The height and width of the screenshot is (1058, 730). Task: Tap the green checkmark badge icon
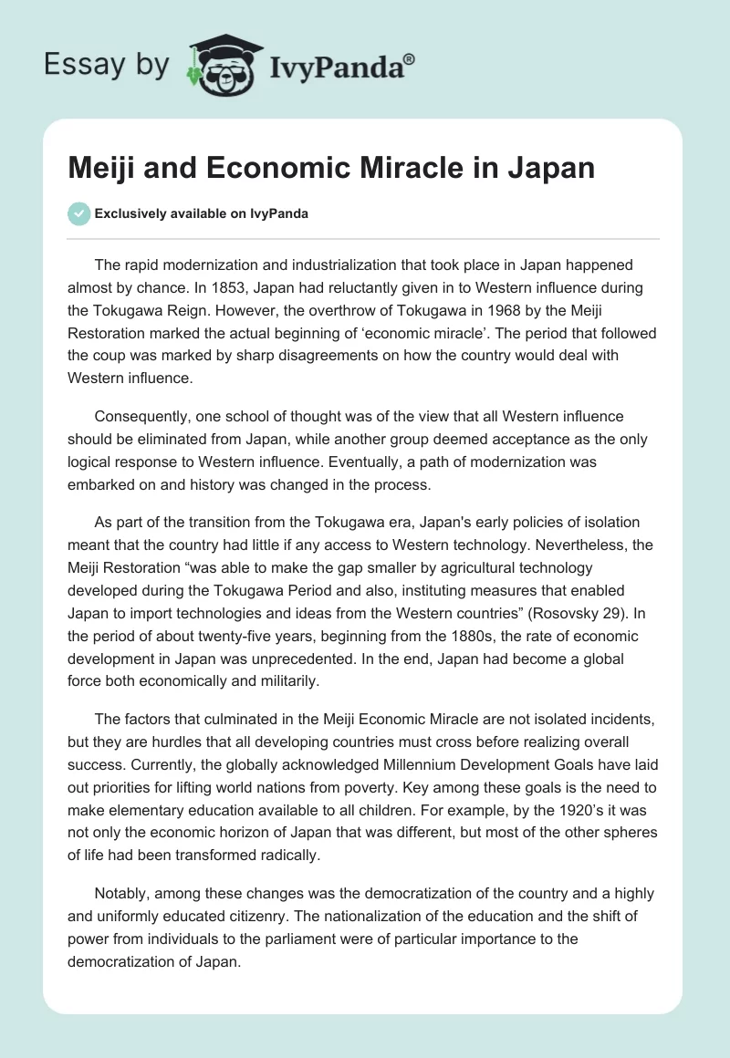point(79,213)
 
